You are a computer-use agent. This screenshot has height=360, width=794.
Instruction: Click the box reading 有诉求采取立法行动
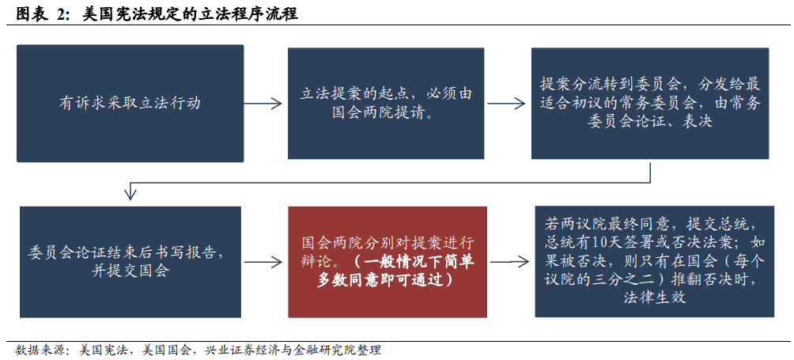(130, 103)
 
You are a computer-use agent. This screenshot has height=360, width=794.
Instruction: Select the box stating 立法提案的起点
(386, 103)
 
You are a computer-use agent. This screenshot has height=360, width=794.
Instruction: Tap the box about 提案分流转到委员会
(649, 103)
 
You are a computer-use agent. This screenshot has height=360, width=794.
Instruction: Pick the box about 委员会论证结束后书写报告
(130, 262)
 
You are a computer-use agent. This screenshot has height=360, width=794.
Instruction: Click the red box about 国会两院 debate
(387, 262)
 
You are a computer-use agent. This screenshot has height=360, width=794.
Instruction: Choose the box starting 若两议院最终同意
(654, 262)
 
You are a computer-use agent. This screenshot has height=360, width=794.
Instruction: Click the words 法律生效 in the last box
(653, 298)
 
